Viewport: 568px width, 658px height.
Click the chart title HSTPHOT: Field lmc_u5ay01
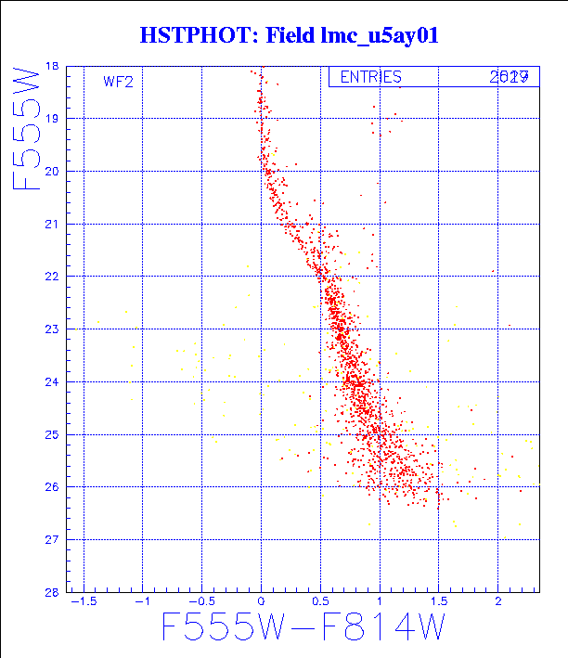click(289, 36)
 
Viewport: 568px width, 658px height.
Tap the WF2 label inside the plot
click(118, 82)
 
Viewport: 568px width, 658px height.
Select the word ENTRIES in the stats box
click(370, 78)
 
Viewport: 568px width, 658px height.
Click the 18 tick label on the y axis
click(51, 67)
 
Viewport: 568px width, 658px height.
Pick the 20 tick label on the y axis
click(51, 172)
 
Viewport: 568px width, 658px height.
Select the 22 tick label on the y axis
click(51, 277)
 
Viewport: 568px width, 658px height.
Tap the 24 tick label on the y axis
click(51, 381)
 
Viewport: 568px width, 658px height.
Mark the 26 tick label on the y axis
click(51, 487)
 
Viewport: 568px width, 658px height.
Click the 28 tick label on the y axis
click(51, 592)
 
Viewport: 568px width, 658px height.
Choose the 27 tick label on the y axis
click(51, 539)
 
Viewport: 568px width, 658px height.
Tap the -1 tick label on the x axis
click(143, 603)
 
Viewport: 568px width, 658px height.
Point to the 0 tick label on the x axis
click(261, 603)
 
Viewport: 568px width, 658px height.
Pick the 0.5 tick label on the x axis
click(320, 603)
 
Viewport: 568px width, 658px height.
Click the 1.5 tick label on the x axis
click(439, 603)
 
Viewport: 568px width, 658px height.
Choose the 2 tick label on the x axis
click(498, 603)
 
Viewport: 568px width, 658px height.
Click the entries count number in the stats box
click(510, 78)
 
